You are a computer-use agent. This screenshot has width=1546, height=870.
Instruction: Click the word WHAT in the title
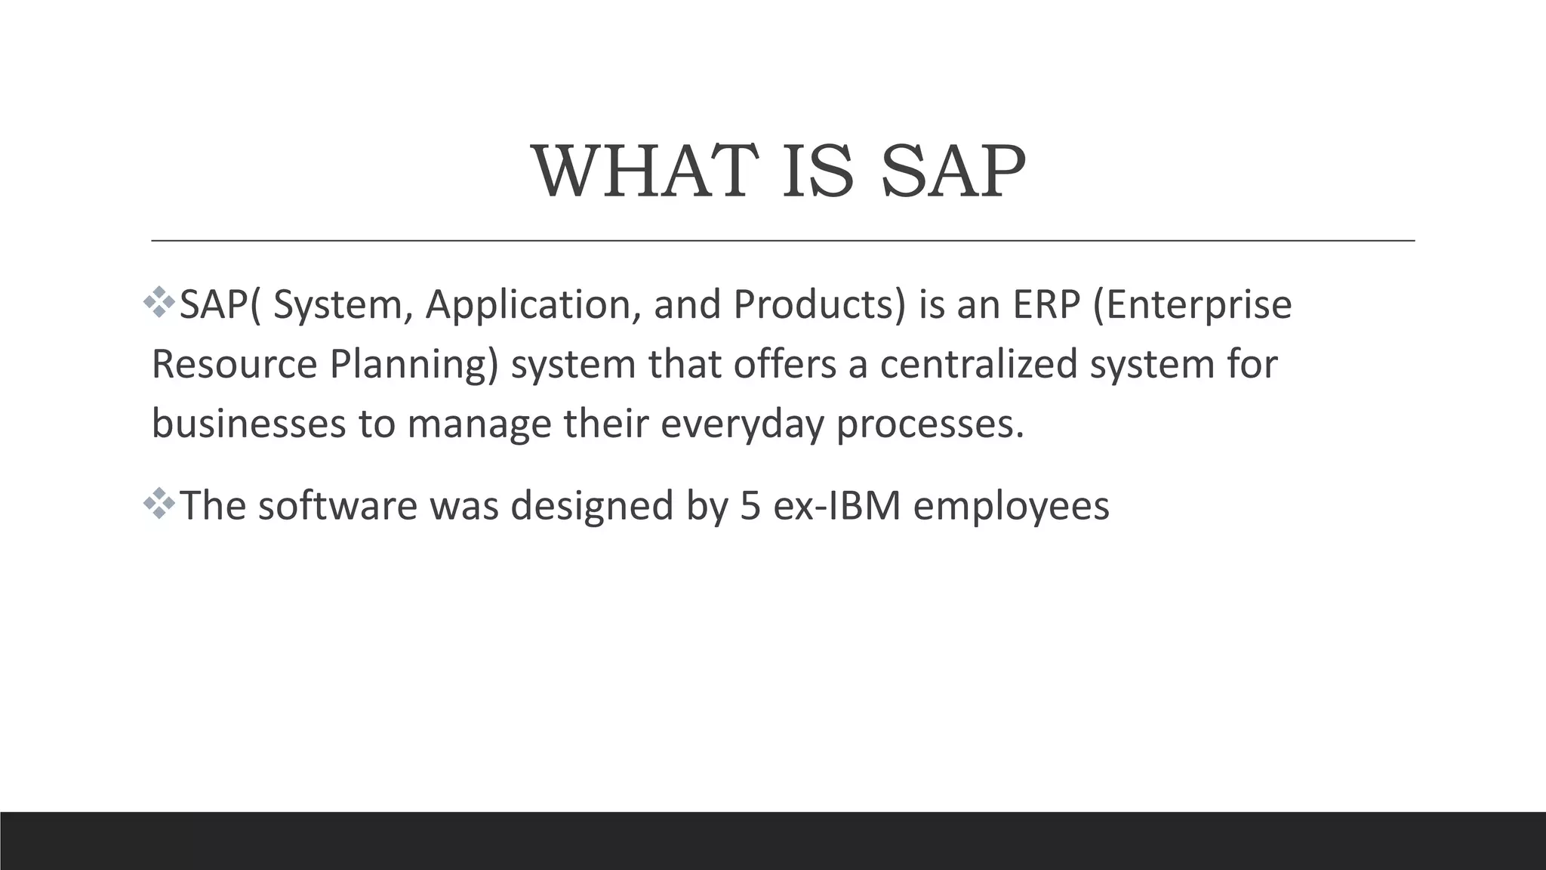[x=645, y=172]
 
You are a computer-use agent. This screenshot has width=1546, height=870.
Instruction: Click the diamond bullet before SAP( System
[x=159, y=302]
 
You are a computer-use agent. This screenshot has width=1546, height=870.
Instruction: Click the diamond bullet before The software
[x=159, y=503]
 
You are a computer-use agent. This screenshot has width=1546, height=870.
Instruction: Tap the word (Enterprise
[x=1193, y=305]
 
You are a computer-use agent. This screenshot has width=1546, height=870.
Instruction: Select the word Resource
[x=234, y=364]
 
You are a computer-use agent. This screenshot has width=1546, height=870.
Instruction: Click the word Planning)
[x=414, y=364]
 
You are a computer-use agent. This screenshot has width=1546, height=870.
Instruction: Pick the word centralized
[x=978, y=364]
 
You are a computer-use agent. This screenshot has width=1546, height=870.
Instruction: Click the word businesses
[x=248, y=423]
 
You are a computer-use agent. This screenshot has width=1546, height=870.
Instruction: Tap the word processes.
[x=930, y=423]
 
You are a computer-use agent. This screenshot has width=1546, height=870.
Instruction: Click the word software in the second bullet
[x=337, y=505]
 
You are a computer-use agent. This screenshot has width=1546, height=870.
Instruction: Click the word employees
[x=1012, y=505]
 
